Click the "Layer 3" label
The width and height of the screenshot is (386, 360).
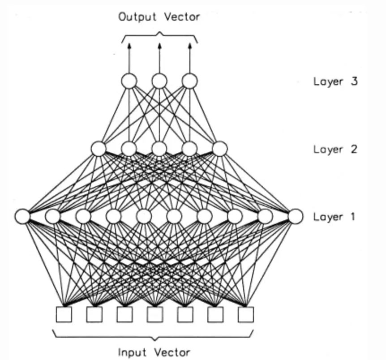(x=335, y=82)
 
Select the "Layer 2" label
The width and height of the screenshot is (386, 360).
(x=335, y=149)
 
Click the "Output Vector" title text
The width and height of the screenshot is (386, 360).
(x=159, y=17)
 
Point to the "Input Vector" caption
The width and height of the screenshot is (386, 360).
(x=154, y=351)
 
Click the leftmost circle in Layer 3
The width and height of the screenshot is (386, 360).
(x=129, y=81)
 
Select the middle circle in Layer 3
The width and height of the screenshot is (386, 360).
(x=159, y=81)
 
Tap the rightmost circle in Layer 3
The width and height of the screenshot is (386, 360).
(x=189, y=81)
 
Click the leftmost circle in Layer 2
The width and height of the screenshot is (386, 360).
(x=99, y=148)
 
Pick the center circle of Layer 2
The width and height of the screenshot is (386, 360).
(x=159, y=148)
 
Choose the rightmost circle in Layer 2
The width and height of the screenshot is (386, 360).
(x=219, y=148)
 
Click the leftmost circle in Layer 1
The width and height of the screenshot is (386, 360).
(x=22, y=216)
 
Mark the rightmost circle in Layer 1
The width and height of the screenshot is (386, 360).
(x=295, y=216)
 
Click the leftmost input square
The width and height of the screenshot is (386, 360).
(x=64, y=314)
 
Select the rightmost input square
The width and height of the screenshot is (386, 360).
(x=245, y=314)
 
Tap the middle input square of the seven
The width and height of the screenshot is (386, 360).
(x=154, y=314)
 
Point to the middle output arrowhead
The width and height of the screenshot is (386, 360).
(x=159, y=45)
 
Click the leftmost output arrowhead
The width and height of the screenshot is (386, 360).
(x=129, y=45)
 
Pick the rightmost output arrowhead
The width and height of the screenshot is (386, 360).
(x=189, y=45)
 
